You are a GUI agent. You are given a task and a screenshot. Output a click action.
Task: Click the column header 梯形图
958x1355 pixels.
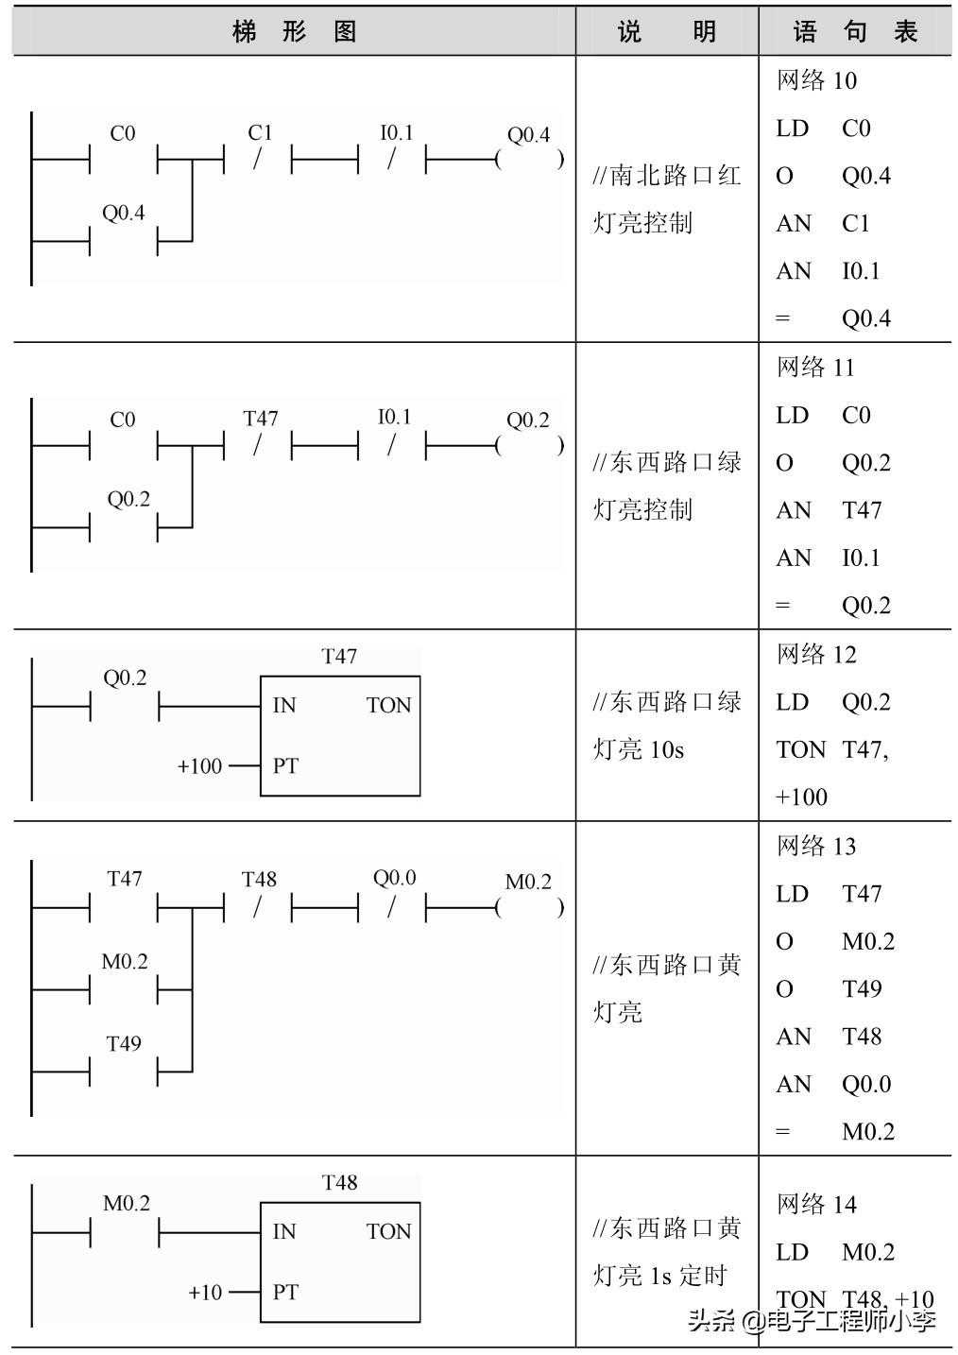294,31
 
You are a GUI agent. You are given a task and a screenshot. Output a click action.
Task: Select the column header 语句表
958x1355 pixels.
855,31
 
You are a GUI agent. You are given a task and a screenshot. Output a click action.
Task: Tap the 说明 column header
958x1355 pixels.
667,31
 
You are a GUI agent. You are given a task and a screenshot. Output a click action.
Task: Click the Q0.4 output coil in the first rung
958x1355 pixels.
529,159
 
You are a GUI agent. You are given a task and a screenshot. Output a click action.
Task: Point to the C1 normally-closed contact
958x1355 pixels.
258,159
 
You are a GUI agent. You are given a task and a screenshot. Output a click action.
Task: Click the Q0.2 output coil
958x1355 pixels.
529,444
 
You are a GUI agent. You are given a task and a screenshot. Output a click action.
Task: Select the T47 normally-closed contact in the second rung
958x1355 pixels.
258,444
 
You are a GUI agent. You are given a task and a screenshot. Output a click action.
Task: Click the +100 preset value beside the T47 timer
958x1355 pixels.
199,765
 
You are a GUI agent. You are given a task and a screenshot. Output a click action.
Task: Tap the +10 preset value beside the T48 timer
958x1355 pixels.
205,1292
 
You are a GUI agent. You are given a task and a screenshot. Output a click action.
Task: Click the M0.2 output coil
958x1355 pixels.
529,907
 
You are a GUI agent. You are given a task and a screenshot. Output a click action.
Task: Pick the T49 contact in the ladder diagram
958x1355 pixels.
124,1071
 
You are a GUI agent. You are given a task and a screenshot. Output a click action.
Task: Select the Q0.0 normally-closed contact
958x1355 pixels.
392,907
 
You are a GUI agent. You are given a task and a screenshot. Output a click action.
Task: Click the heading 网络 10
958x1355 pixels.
816,80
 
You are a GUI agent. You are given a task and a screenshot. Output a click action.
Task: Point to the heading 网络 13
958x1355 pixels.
816,846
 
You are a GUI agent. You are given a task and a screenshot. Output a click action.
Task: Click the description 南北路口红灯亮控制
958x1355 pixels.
667,198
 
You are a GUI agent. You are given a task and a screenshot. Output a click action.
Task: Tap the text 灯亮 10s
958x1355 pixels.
639,749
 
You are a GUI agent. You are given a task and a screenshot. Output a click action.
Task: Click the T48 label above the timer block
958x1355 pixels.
339,1182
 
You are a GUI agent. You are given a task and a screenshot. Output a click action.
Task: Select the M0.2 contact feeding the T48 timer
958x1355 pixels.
124,1232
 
